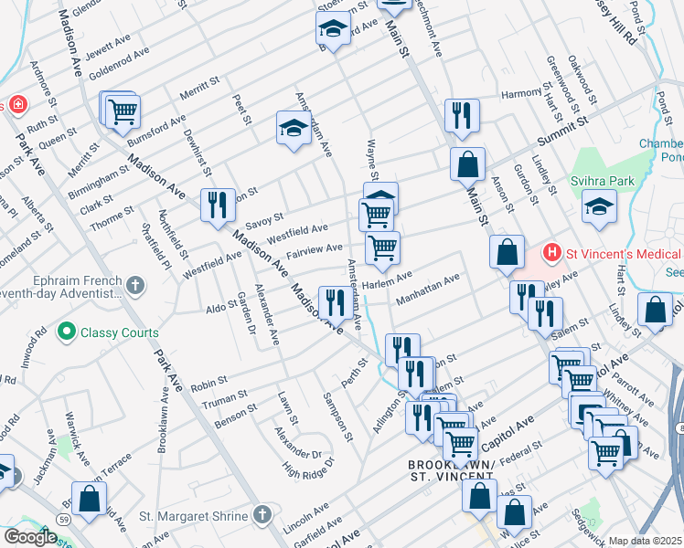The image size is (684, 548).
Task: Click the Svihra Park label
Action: (603, 181)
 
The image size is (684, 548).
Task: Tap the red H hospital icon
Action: (551, 250)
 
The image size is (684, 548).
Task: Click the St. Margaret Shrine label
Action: (195, 516)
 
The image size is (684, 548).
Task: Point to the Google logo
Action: (29, 537)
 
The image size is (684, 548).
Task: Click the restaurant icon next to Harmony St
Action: (461, 114)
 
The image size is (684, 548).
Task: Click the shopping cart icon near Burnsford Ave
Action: (122, 111)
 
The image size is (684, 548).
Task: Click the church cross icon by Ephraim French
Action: (135, 286)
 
